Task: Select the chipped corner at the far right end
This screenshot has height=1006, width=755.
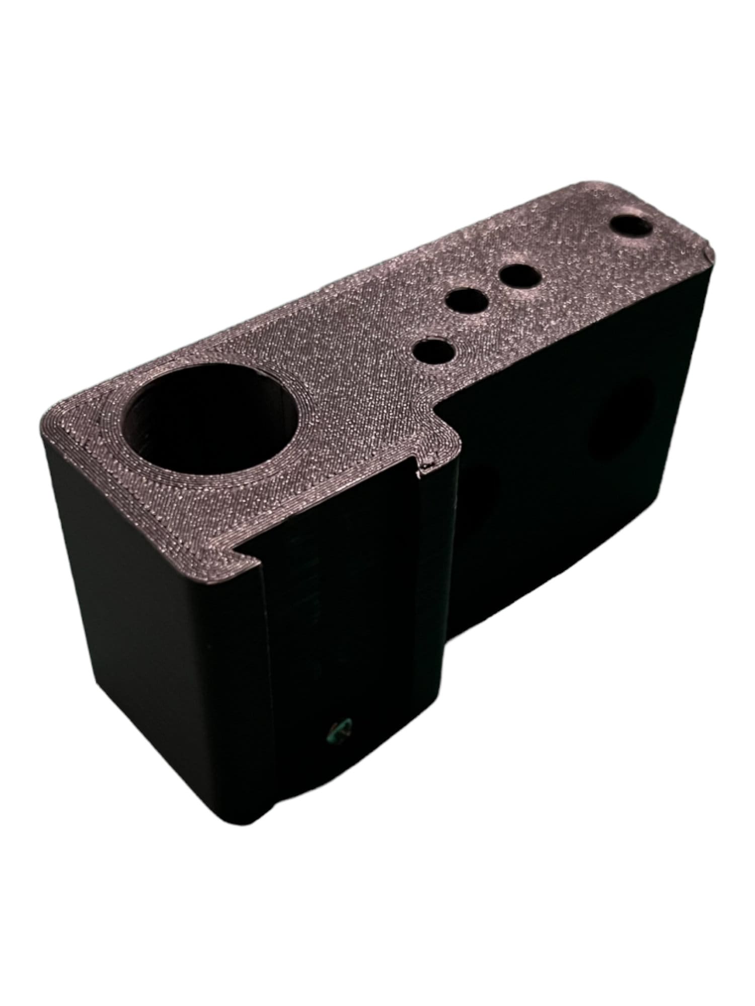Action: click(x=707, y=258)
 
